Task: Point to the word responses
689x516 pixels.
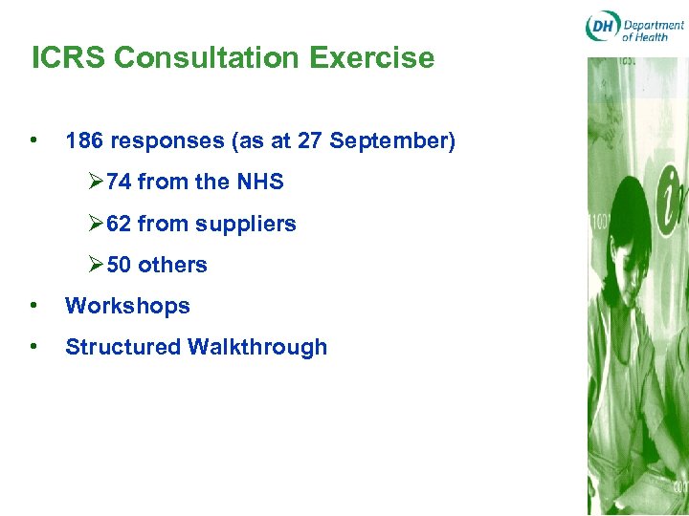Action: [x=167, y=142]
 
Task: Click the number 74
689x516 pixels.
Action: [x=120, y=182]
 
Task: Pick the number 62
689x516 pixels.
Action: [x=120, y=224]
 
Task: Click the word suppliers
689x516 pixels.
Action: [x=246, y=224]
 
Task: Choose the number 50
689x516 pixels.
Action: [x=120, y=265]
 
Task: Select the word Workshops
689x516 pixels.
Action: [x=127, y=306]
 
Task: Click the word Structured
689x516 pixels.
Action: [x=123, y=347]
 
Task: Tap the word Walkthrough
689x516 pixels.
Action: [x=257, y=347]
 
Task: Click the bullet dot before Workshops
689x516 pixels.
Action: [x=34, y=306]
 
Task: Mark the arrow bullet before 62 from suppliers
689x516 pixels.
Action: [x=96, y=224]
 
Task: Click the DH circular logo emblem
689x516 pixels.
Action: [x=602, y=28]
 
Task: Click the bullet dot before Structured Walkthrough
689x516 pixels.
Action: [x=34, y=347]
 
